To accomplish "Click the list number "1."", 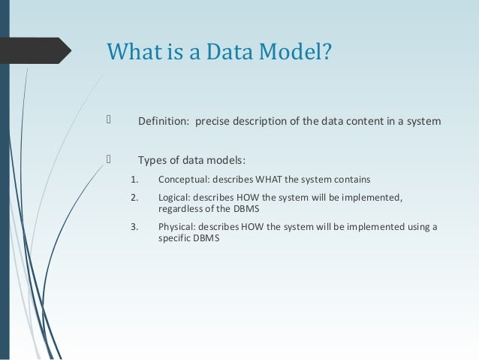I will pos(134,180).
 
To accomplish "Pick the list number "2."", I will pos(134,198).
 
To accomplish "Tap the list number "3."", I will pos(134,226).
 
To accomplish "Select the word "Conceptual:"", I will pos(184,180).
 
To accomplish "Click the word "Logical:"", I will pos(176,198).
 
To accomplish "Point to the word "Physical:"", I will pos(179,226).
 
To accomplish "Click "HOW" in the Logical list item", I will pos(249,198).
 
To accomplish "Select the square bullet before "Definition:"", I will pos(109,122).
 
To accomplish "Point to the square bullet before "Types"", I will pos(109,159).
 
